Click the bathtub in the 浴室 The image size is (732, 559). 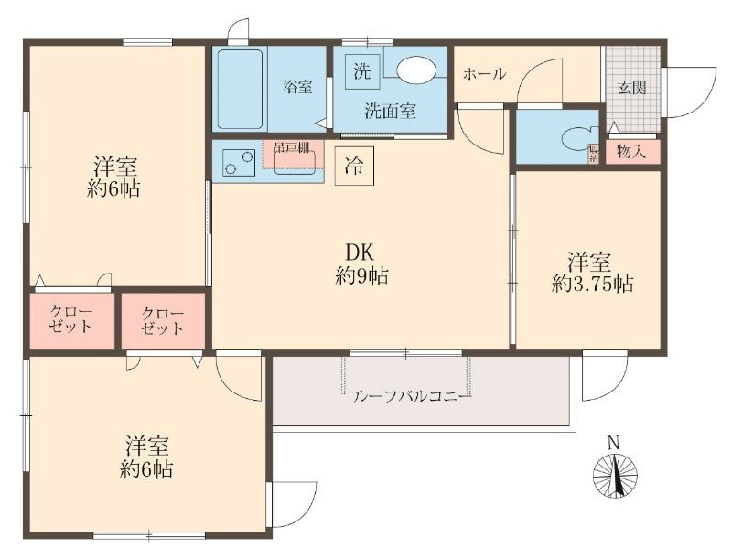[240, 89]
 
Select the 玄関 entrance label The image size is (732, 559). [631, 89]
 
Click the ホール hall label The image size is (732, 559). [483, 74]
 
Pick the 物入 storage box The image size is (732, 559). [631, 152]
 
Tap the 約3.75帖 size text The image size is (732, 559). [592, 283]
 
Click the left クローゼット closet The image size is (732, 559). [70, 319]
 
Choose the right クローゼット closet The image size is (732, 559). [163, 320]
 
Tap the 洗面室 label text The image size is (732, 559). [391, 112]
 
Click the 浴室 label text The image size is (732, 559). [297, 88]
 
